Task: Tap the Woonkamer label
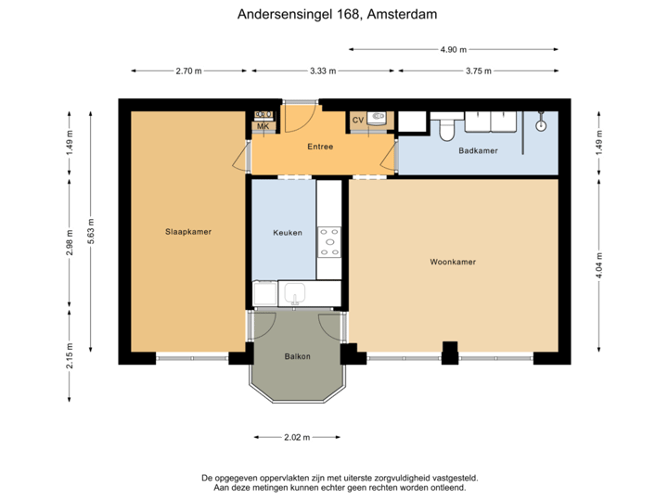[x=453, y=263]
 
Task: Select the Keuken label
[x=288, y=233]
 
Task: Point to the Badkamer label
[x=479, y=149]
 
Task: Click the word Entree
[x=320, y=147]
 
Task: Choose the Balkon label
[x=297, y=356]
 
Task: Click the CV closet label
[x=358, y=121]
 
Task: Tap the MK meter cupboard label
[x=263, y=127]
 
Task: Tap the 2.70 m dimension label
[x=189, y=71]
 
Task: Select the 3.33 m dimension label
[x=323, y=71]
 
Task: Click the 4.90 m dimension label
[x=454, y=49]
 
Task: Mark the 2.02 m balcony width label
[x=297, y=436]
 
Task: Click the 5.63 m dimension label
[x=90, y=229]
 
